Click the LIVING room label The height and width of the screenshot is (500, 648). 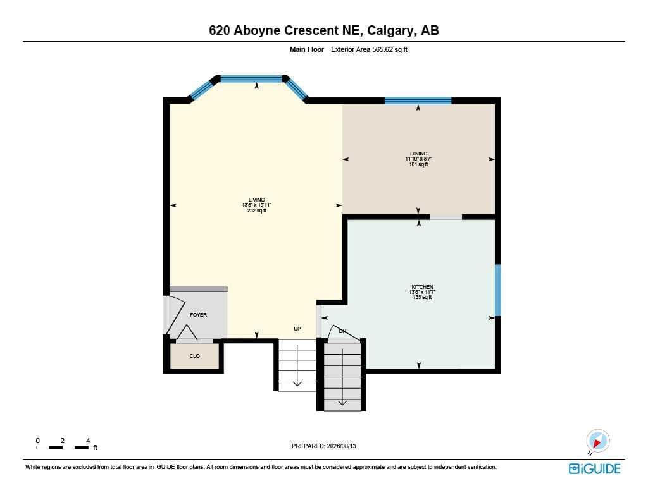(257, 200)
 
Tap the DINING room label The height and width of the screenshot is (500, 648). (419, 154)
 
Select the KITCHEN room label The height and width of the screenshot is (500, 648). (422, 287)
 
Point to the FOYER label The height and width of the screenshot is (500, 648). (198, 315)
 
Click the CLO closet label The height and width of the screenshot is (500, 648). (195, 356)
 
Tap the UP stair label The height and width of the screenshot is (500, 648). (297, 329)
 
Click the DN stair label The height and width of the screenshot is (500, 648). (342, 331)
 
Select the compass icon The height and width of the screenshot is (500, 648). (597, 441)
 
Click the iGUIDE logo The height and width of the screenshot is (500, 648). (595, 468)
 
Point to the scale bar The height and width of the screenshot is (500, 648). (63, 448)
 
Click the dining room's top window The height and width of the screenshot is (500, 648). (418, 101)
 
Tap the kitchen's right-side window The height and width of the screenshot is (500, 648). (498, 290)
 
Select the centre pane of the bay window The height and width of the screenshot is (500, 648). (251, 79)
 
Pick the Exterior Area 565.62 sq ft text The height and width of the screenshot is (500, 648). (369, 49)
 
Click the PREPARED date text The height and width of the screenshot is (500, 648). (323, 446)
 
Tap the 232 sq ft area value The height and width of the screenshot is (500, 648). (257, 210)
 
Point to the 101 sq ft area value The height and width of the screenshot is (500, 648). (419, 164)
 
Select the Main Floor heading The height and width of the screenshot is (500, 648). (307, 49)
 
